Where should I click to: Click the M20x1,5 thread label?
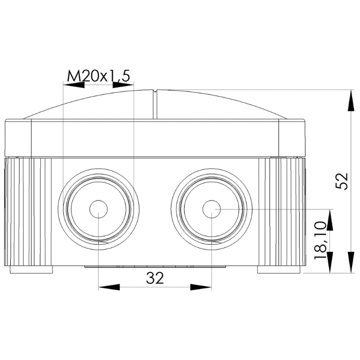[99, 76]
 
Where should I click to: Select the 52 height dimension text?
[342, 181]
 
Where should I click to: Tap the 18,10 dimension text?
[321, 240]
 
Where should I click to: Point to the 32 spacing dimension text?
[155, 278]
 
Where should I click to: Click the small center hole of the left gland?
[98, 209]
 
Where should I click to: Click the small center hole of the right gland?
[211, 209]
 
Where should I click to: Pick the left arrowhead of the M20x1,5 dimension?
[74, 85]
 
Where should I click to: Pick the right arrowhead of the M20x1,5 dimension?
[123, 85]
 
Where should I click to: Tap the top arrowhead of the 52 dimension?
[351, 101]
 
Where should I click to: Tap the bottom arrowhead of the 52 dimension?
[351, 262]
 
